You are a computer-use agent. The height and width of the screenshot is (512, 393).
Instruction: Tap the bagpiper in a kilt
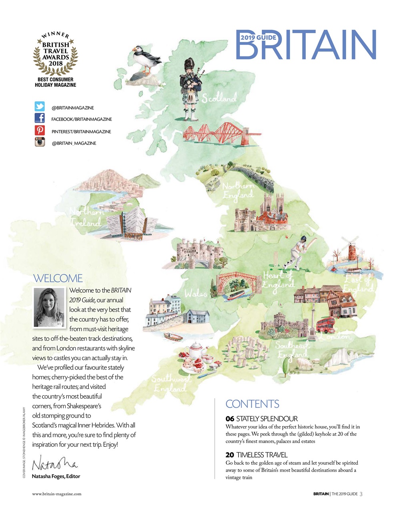[x=191, y=88]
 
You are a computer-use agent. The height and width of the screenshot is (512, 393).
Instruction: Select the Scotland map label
[x=219, y=98]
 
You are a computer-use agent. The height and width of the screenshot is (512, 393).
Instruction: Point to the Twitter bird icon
[x=40, y=107]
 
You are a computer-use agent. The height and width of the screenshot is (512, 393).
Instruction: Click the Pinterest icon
[x=40, y=130]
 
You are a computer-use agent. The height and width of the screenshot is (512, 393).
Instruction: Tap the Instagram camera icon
[x=40, y=142]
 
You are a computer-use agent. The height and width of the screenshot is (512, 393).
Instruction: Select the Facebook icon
[x=40, y=118]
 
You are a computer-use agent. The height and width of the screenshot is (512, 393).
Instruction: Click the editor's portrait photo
[x=49, y=307]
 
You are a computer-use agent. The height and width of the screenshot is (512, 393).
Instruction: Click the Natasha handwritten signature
[x=54, y=464]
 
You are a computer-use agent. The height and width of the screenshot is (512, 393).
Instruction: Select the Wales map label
[x=196, y=294]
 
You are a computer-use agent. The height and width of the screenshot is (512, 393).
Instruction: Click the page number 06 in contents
[x=230, y=419]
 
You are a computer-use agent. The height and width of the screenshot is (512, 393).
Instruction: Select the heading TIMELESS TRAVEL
[x=262, y=455]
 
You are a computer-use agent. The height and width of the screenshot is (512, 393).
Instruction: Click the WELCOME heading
[x=58, y=278]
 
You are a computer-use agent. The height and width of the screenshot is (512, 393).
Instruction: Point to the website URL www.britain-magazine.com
[x=57, y=494]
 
